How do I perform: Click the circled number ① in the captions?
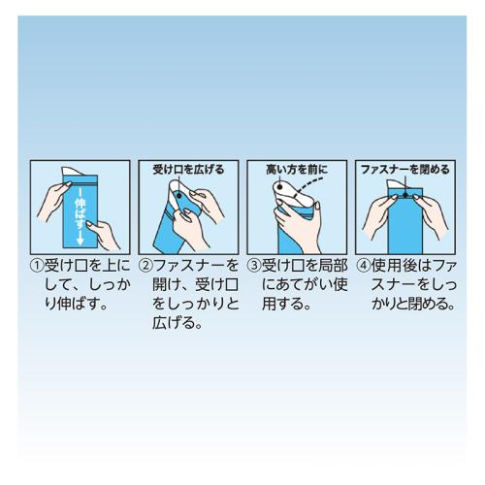tap(37, 266)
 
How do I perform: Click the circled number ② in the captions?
tap(145, 266)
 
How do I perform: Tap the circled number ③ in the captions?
tap(254, 266)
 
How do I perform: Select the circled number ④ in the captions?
tap(364, 266)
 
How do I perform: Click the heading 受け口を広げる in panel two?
tap(188, 170)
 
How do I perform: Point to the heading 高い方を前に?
tap(297, 170)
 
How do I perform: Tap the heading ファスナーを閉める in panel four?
tap(405, 170)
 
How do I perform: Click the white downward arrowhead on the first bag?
tap(81, 241)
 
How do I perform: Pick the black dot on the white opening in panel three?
tap(280, 187)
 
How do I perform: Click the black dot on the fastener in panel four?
tap(405, 195)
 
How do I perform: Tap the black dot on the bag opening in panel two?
tap(179, 195)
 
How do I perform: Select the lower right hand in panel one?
tap(104, 235)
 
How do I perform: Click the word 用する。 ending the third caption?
tap(286, 304)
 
